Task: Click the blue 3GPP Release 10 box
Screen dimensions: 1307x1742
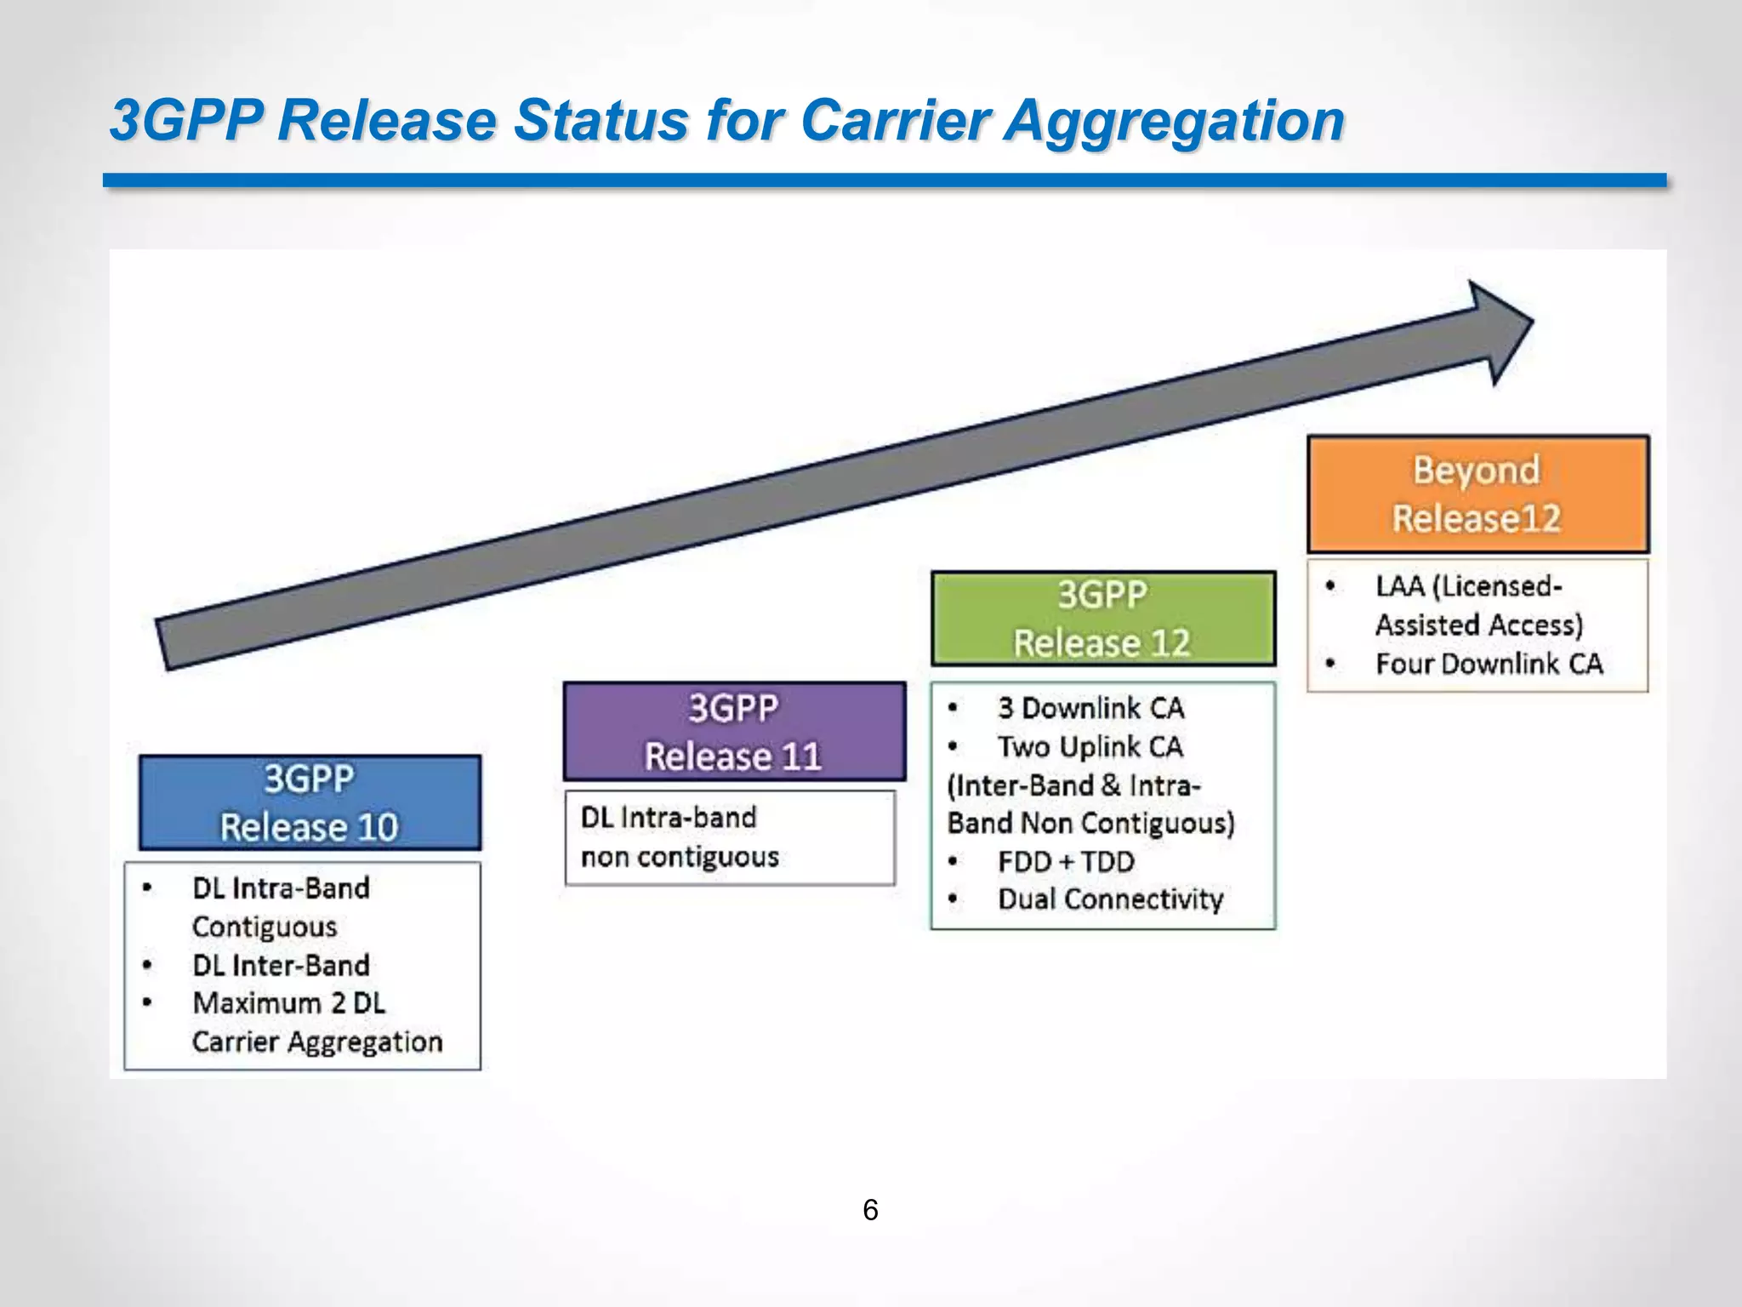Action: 310,802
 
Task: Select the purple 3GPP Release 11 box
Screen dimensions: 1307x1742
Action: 733,732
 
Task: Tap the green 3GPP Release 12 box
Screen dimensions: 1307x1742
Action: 1102,618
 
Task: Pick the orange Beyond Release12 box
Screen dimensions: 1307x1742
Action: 1477,494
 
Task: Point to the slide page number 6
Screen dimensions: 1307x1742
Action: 870,1209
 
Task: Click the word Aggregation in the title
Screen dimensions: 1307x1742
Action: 1174,120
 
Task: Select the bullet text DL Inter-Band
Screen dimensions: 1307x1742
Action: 281,965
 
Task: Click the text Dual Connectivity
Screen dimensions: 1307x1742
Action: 1110,899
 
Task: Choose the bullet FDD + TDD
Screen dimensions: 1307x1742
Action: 1066,861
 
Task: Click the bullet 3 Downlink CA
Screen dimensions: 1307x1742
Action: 1090,708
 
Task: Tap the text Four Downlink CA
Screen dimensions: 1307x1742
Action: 1489,664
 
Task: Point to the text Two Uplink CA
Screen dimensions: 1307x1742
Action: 1090,747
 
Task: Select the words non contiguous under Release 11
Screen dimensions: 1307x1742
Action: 680,856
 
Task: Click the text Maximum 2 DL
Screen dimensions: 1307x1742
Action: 288,1003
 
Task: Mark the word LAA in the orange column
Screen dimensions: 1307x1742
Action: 1399,585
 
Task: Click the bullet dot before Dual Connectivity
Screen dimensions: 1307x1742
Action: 953,899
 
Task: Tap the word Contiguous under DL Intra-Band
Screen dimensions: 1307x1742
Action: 265,927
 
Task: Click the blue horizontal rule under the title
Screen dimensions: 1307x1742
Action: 885,180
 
